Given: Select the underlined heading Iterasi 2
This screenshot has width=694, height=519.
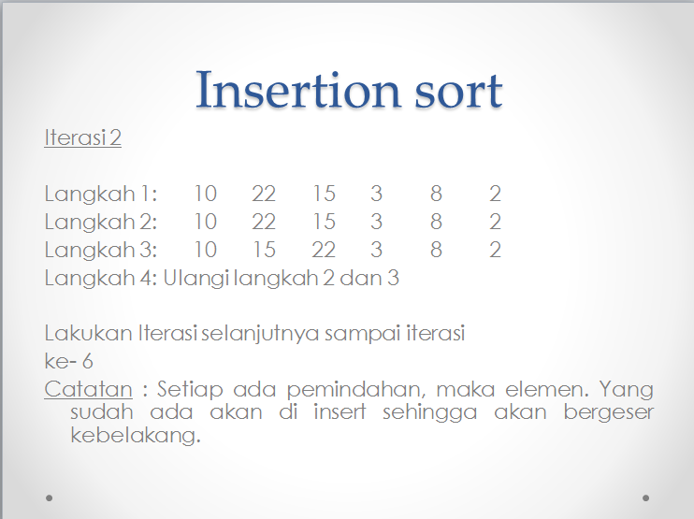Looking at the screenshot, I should pyautogui.click(x=82, y=138).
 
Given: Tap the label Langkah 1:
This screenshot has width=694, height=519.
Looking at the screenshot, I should pyautogui.click(x=101, y=195).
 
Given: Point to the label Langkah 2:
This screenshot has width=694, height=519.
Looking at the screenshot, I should pyautogui.click(x=101, y=223).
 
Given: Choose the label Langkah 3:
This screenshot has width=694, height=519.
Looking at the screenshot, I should pyautogui.click(x=101, y=251).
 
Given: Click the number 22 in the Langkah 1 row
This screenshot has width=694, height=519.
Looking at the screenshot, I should pyautogui.click(x=264, y=195).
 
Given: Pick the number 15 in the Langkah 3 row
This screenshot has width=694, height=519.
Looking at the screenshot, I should pyautogui.click(x=264, y=251).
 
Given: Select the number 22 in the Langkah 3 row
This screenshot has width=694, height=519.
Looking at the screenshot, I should pyautogui.click(x=324, y=251).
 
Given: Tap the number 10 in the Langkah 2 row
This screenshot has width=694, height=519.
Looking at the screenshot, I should pyautogui.click(x=205, y=223).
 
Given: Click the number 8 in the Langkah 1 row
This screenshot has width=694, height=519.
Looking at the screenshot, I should pyautogui.click(x=436, y=195).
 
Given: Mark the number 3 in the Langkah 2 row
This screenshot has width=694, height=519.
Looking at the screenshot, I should pyautogui.click(x=376, y=223).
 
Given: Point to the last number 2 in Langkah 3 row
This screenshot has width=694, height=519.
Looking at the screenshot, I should pyautogui.click(x=495, y=251).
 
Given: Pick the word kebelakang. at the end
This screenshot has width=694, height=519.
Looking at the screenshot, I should pyautogui.click(x=137, y=436).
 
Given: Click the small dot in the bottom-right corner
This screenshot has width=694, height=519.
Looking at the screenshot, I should pyautogui.click(x=645, y=497).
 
